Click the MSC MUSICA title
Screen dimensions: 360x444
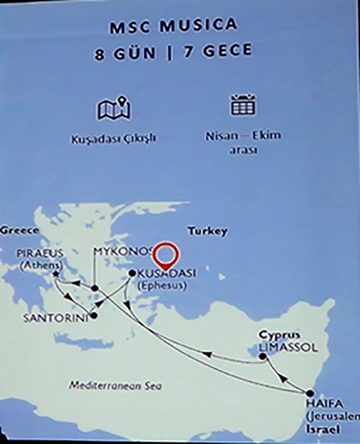173,26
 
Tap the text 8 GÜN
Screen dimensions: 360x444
125,53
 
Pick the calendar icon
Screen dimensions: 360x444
243,105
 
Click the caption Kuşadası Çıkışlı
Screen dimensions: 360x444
113,139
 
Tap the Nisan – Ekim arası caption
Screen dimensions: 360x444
243,143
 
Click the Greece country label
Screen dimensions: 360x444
19,230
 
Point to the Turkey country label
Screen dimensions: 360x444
207,231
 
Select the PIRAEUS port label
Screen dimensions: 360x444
40,252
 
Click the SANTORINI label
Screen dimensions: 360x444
55,318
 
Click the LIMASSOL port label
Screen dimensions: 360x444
288,348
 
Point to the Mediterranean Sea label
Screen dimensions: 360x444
116,386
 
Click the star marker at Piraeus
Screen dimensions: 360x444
56,275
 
